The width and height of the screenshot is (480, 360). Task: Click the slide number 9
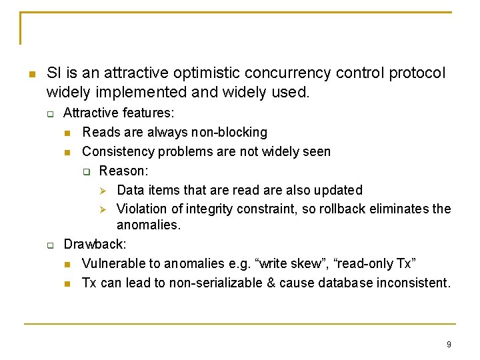pyautogui.click(x=449, y=345)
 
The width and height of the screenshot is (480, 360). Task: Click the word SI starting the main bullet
pyautogui.click(x=54, y=73)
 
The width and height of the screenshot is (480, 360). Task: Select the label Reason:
pyautogui.click(x=123, y=171)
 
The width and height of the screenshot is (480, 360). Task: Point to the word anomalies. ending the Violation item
pyautogui.click(x=148, y=225)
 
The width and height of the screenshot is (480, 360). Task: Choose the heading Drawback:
pyautogui.click(x=95, y=245)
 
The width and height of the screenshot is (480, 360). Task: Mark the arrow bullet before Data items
pyautogui.click(x=103, y=191)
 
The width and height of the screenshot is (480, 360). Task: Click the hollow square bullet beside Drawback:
pyautogui.click(x=50, y=245)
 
